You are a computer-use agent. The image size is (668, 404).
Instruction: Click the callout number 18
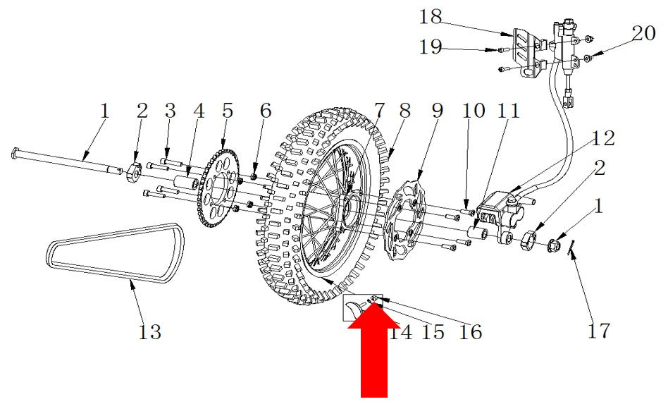pyautogui.click(x=431, y=17)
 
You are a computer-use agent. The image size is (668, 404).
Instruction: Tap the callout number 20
pyautogui.click(x=643, y=33)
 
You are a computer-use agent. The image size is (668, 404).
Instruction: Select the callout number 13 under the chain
pyautogui.click(x=150, y=331)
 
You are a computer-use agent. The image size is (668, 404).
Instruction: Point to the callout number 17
pyautogui.click(x=598, y=330)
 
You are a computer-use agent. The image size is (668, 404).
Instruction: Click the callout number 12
pyautogui.click(x=602, y=138)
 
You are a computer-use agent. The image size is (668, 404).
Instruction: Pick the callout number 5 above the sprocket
pyautogui.click(x=228, y=111)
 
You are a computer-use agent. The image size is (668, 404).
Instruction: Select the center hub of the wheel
pyautogui.click(x=351, y=205)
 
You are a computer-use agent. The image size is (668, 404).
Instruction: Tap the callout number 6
pyautogui.click(x=266, y=111)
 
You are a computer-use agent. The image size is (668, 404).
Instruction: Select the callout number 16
pyautogui.click(x=470, y=332)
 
